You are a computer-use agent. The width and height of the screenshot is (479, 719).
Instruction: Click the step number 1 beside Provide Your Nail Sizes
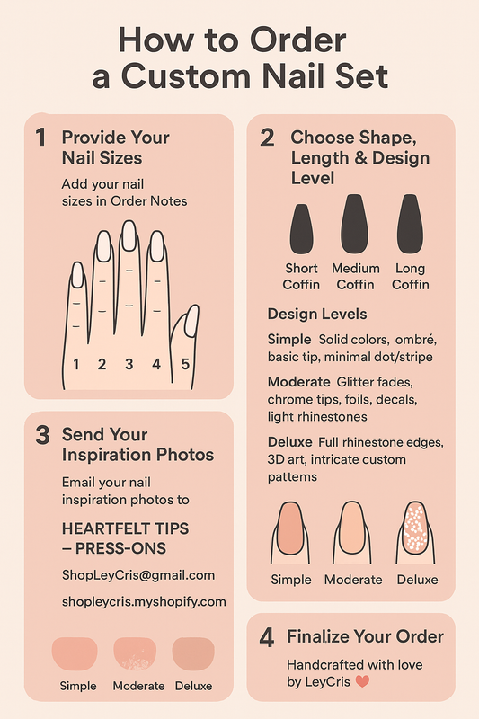coord(40,138)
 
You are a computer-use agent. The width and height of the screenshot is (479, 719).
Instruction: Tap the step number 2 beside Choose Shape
coord(267,138)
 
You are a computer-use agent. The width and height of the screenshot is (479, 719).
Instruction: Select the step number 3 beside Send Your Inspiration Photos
coord(41,436)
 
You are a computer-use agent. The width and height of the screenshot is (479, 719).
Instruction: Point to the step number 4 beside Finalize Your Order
coord(267,637)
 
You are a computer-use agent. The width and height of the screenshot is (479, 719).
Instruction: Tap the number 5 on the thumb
coord(185,365)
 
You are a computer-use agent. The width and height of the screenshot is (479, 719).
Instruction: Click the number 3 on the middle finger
coord(129,365)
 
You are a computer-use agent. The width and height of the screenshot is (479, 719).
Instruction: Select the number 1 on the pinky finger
coord(76,365)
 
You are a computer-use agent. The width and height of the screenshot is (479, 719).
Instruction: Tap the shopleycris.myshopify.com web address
coord(144,601)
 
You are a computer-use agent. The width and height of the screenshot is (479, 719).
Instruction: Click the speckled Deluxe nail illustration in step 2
coord(415,530)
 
